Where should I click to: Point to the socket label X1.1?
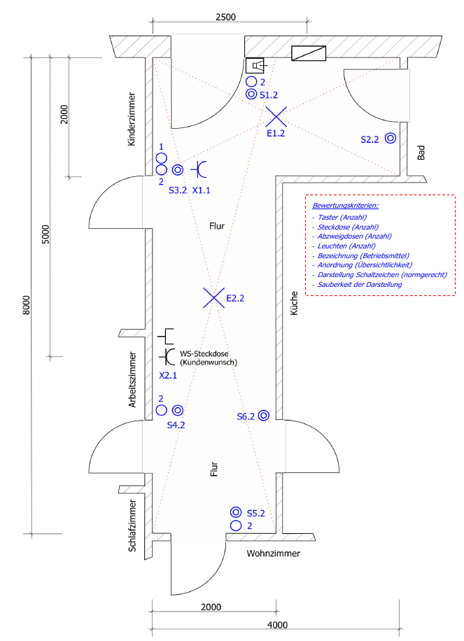pyautogui.click(x=202, y=190)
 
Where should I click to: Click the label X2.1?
pyautogui.click(x=169, y=376)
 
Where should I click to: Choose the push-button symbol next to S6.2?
pyautogui.click(x=264, y=416)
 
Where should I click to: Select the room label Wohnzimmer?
pyautogui.click(x=273, y=554)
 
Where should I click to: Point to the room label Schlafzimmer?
pyautogui.click(x=132, y=525)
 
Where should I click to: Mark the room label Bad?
pyautogui.click(x=421, y=153)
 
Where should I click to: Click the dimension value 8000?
pyautogui.click(x=27, y=305)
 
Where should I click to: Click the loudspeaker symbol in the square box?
pyautogui.click(x=255, y=65)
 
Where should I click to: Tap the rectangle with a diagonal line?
pyautogui.click(x=308, y=54)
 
